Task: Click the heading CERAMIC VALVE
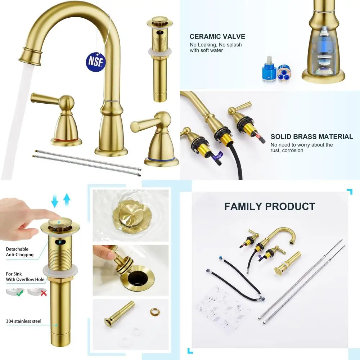tap(217, 36)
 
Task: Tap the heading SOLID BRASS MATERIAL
tap(312, 136)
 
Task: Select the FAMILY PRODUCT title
tap(270, 206)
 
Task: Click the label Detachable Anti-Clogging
tap(20, 252)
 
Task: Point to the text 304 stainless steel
tap(24, 321)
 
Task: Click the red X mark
tap(43, 293)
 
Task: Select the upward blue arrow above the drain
tap(67, 199)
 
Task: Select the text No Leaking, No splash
tap(216, 45)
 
